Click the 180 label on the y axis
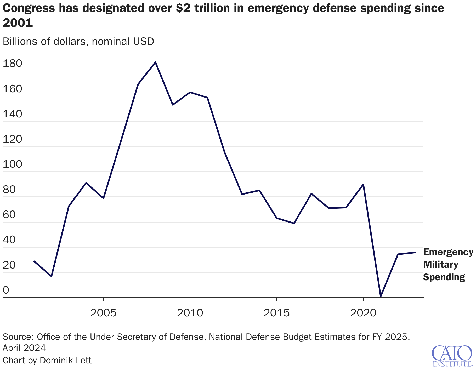point(12,64)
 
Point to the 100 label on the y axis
point(12,164)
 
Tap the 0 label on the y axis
point(6,290)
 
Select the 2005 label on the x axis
point(103,313)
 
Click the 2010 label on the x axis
point(190,313)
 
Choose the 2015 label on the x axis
point(276,313)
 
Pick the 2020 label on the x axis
point(363,313)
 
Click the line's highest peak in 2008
point(155,62)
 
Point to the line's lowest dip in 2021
point(381,297)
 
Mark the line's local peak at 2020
point(363,184)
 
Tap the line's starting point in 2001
point(34,261)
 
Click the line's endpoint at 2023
point(415,252)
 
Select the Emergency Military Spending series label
point(448,264)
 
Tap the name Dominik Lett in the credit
point(65,360)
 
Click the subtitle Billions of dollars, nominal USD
point(78,42)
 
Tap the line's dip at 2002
point(52,276)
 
